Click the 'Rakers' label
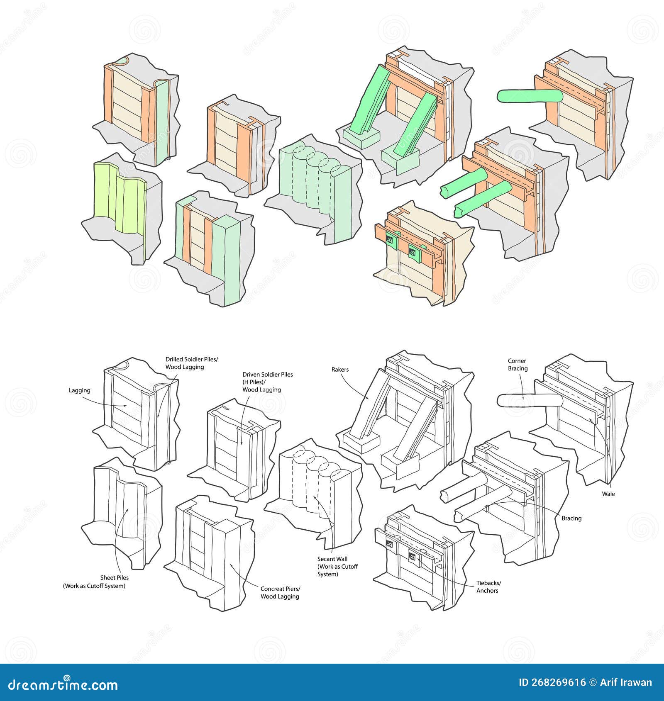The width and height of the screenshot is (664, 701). (x=340, y=370)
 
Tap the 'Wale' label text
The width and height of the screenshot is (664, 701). (x=608, y=494)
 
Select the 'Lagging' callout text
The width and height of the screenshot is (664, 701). (x=79, y=390)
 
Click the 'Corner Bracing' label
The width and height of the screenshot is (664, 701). (x=518, y=365)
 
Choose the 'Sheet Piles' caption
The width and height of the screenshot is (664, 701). (x=114, y=577)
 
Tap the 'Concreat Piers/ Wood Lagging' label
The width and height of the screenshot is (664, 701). (x=280, y=593)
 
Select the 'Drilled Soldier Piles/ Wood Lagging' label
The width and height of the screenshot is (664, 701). (x=191, y=363)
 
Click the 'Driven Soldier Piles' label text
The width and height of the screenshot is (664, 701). (x=268, y=375)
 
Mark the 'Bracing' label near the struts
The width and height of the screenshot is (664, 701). (x=571, y=518)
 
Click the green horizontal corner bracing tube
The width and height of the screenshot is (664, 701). (x=529, y=96)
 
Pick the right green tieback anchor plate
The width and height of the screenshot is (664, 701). (x=415, y=251)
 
